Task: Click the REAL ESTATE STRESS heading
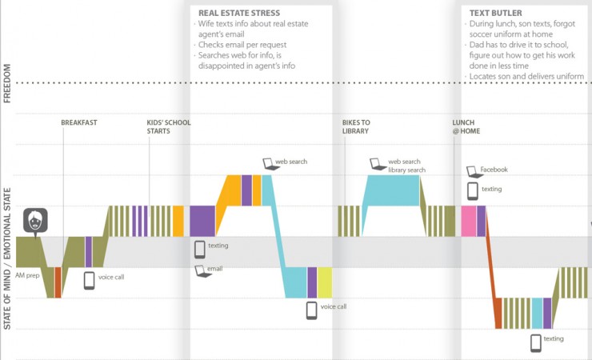(238, 14)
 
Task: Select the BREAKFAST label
(79, 122)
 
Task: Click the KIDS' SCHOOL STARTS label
(169, 126)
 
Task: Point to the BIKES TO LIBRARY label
(355, 126)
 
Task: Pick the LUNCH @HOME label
(466, 126)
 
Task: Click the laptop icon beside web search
(268, 163)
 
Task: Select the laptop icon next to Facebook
(472, 170)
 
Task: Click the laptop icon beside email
(200, 270)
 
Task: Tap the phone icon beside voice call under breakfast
(89, 280)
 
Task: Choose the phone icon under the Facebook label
(472, 190)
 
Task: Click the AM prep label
(27, 275)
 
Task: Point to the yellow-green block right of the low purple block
(325, 282)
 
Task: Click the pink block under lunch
(468, 221)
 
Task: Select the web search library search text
(406, 166)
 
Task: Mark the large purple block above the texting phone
(202, 221)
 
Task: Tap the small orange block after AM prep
(58, 282)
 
